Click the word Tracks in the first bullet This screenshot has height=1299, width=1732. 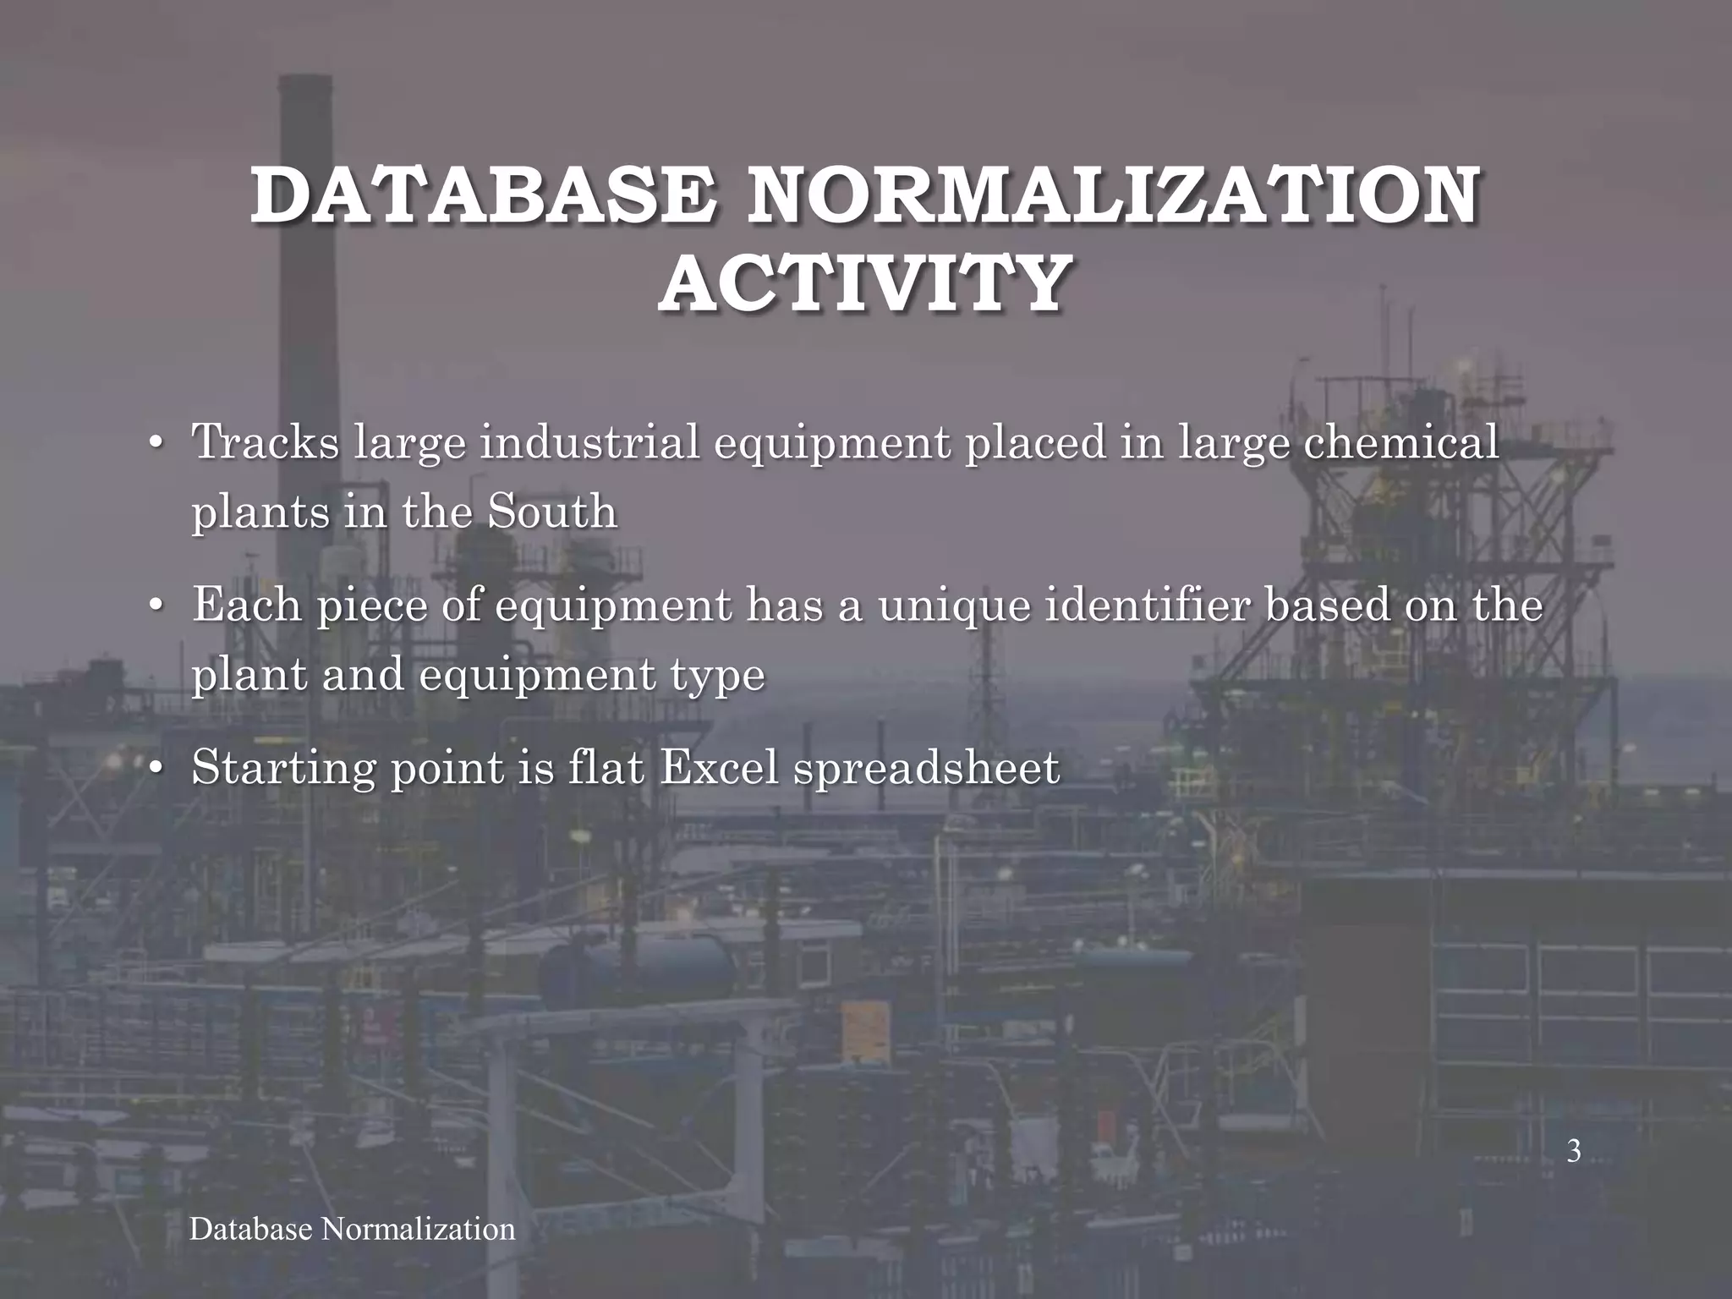click(x=266, y=441)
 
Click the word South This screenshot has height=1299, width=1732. click(x=552, y=512)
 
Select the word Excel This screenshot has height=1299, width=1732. click(x=718, y=768)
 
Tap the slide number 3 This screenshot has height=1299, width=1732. click(x=1573, y=1151)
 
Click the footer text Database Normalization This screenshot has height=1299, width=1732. click(x=352, y=1229)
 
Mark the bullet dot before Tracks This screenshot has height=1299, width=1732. click(x=155, y=445)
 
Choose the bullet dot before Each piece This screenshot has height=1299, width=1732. click(x=155, y=608)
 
